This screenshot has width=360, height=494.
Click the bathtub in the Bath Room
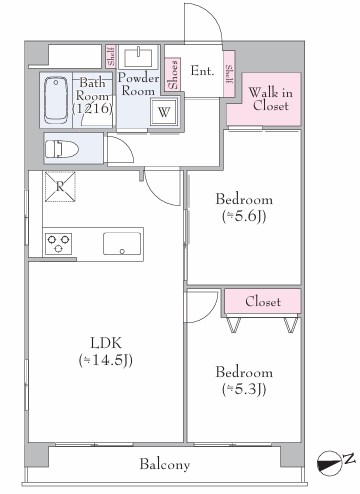(56, 100)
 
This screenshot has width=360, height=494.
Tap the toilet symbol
(62, 149)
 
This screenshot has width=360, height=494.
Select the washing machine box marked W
(163, 112)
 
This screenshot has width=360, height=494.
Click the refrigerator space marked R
(60, 187)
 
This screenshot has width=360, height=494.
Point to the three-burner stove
(59, 244)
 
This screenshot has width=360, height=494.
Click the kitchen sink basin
(122, 244)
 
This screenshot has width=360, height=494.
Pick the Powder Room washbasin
(138, 57)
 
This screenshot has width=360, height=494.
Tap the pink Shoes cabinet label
(173, 74)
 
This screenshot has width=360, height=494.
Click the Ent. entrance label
(202, 71)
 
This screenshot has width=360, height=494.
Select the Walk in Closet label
(270, 99)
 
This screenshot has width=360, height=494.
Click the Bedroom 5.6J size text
(244, 217)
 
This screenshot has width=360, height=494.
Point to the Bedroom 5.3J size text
(244, 389)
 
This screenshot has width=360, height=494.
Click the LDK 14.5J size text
(106, 360)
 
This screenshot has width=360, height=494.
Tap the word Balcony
(165, 464)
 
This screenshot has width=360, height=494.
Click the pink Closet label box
(263, 301)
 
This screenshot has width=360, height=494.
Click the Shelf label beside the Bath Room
(111, 56)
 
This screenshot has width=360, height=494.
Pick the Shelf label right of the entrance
(229, 74)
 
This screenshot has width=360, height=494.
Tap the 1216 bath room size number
(92, 108)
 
